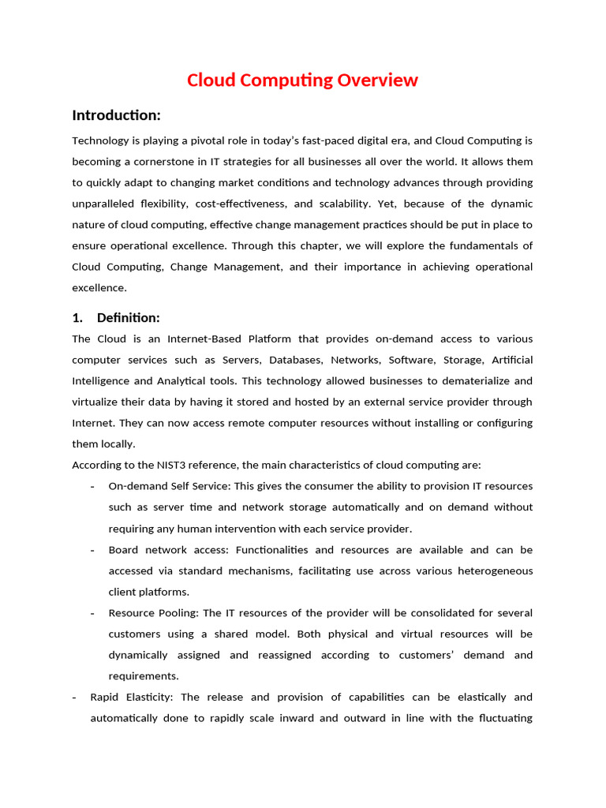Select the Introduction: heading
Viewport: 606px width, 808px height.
[116, 115]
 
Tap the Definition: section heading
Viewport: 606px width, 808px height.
[128, 318]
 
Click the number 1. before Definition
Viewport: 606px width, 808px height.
[77, 318]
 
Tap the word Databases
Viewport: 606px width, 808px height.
[297, 360]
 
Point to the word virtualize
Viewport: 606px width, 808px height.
[99, 402]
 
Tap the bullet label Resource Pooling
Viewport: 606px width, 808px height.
[154, 613]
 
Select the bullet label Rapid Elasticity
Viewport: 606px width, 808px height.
[133, 697]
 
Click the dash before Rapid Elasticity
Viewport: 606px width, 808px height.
[74, 697]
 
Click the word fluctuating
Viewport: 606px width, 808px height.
[502, 718]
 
